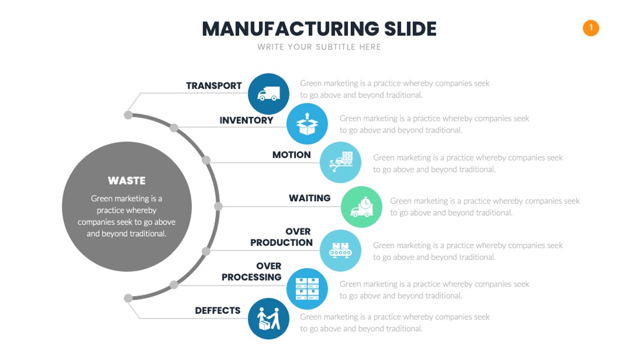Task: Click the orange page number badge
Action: pyautogui.click(x=590, y=28)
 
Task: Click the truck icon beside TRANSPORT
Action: pyautogui.click(x=269, y=94)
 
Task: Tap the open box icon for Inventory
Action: pyautogui.click(x=307, y=124)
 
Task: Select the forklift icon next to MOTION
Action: pyautogui.click(x=340, y=162)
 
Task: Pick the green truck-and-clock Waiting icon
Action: pyautogui.click(x=362, y=207)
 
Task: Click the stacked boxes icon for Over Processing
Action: pyautogui.click(x=307, y=289)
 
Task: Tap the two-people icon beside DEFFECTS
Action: pyautogui.click(x=269, y=319)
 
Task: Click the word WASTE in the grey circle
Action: pyautogui.click(x=127, y=181)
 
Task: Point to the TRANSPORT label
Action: pyautogui.click(x=214, y=86)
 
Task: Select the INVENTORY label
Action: pyautogui.click(x=247, y=120)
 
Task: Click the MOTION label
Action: pyautogui.click(x=291, y=155)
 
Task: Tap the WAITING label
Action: pyautogui.click(x=309, y=198)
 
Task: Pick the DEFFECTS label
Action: pyautogui.click(x=218, y=311)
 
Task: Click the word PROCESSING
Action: pyautogui.click(x=251, y=277)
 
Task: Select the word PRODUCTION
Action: pyautogui.click(x=282, y=243)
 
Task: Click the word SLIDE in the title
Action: pyautogui.click(x=411, y=29)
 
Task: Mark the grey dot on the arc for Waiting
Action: pyautogui.click(x=218, y=206)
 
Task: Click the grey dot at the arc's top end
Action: pyautogui.click(x=128, y=115)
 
